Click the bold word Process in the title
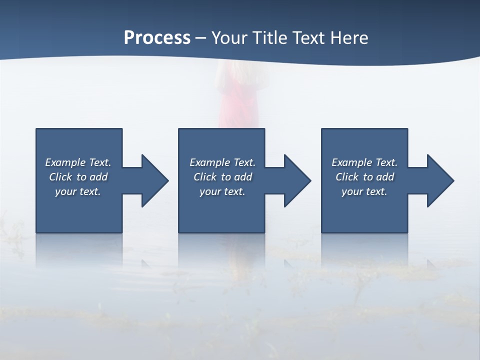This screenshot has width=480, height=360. [x=157, y=38]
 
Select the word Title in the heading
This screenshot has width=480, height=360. [x=271, y=38]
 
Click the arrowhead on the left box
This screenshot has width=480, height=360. [x=152, y=180]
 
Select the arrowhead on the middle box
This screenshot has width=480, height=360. [x=295, y=180]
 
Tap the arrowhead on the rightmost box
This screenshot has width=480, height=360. [x=438, y=180]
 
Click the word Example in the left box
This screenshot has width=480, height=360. [x=65, y=162]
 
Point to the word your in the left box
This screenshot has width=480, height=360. [x=65, y=191]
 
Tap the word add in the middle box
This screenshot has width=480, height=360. [x=243, y=177]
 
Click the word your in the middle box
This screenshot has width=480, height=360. [x=209, y=191]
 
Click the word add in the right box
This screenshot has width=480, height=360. [x=385, y=177]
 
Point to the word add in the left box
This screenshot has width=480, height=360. [x=98, y=177]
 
